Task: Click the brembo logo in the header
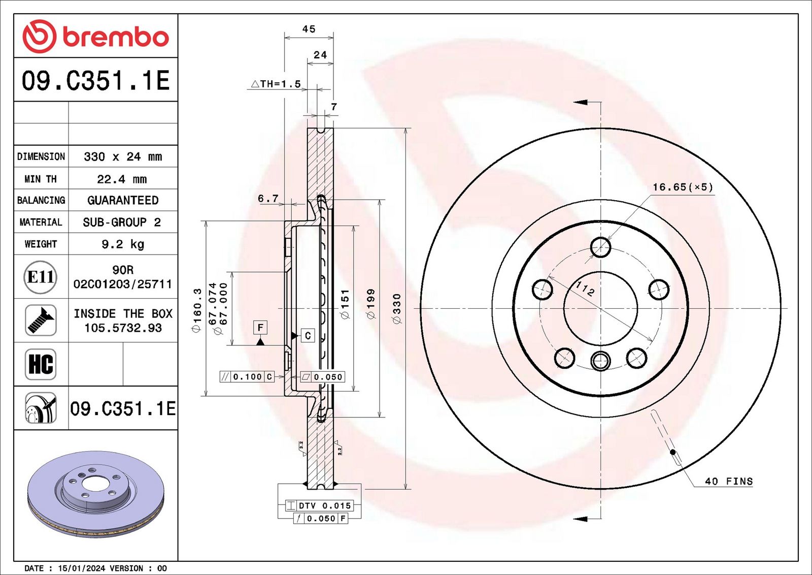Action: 96,36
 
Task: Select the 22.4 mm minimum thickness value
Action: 122,179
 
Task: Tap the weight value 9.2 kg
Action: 123,244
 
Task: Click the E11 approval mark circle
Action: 41,277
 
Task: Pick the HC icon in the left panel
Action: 41,364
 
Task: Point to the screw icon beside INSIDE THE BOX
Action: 41,321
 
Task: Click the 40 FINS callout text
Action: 729,482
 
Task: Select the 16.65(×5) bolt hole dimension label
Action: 683,187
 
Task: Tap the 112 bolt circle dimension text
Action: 585,289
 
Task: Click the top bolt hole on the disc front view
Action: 601,247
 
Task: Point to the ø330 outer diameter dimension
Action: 397,309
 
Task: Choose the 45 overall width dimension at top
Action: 309,28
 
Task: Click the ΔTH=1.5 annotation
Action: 276,84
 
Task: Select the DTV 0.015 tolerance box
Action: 319,505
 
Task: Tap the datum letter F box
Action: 260,328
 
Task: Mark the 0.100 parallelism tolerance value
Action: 248,377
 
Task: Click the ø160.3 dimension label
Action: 197,310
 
